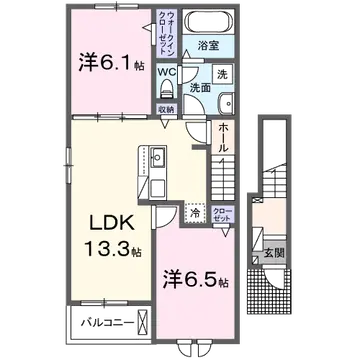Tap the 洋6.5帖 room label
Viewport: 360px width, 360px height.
point(195,275)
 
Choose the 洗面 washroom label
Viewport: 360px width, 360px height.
point(201,87)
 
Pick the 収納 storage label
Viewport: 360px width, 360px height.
point(165,109)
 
